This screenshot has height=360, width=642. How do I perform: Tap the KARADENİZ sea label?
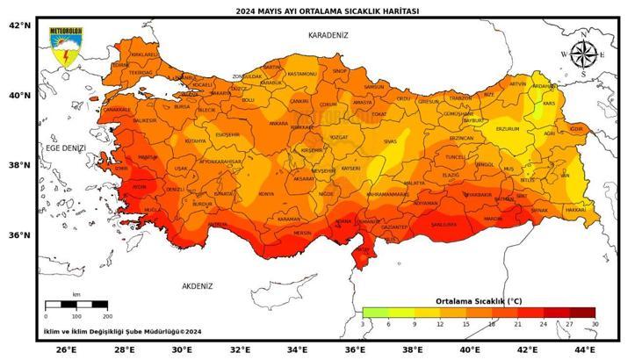328,35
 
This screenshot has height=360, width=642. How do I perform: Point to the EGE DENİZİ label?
66,149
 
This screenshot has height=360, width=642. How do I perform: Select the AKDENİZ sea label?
198,286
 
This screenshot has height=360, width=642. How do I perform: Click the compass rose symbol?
582,54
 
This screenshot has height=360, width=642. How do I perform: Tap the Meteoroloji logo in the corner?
66,47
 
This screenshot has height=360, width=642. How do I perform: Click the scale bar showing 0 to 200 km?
76,305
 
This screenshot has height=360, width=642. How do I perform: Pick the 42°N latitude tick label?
19,25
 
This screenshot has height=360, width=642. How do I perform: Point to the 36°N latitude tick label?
19,235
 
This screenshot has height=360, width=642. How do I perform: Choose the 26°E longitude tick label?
66,349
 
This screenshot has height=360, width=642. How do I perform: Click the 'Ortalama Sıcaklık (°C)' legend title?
479,301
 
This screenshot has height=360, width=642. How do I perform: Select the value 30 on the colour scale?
595,324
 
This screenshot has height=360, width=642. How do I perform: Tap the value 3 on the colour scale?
363,324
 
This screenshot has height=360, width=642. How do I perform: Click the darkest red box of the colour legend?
581,313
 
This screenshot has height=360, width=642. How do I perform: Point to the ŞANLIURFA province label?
444,224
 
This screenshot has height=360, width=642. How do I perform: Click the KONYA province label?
265,194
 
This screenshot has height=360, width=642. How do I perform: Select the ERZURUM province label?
508,129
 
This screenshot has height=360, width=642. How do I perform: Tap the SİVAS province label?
390,140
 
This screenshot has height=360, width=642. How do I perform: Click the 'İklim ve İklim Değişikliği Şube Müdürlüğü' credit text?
123,332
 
